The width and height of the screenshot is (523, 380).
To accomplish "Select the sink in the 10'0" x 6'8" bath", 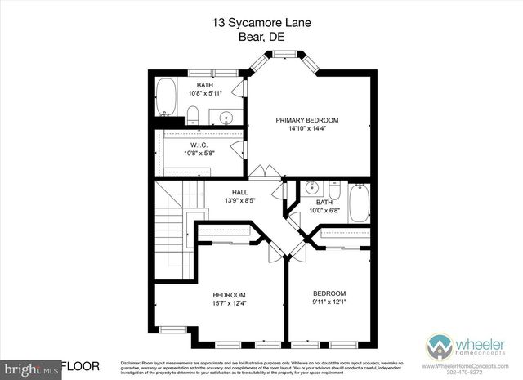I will (311, 188).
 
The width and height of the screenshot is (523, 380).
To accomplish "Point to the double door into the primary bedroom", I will (262, 172).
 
